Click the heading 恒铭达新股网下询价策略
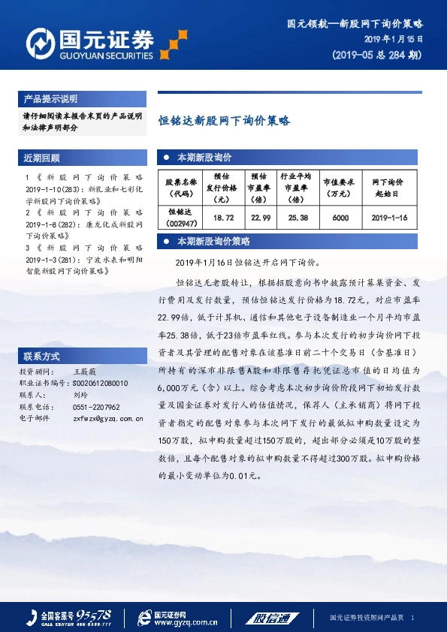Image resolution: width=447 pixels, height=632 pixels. pyautogui.click(x=224, y=120)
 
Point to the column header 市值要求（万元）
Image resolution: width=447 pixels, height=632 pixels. pyautogui.click(x=340, y=187)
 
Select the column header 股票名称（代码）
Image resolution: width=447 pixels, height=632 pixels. pyautogui.click(x=181, y=187)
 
